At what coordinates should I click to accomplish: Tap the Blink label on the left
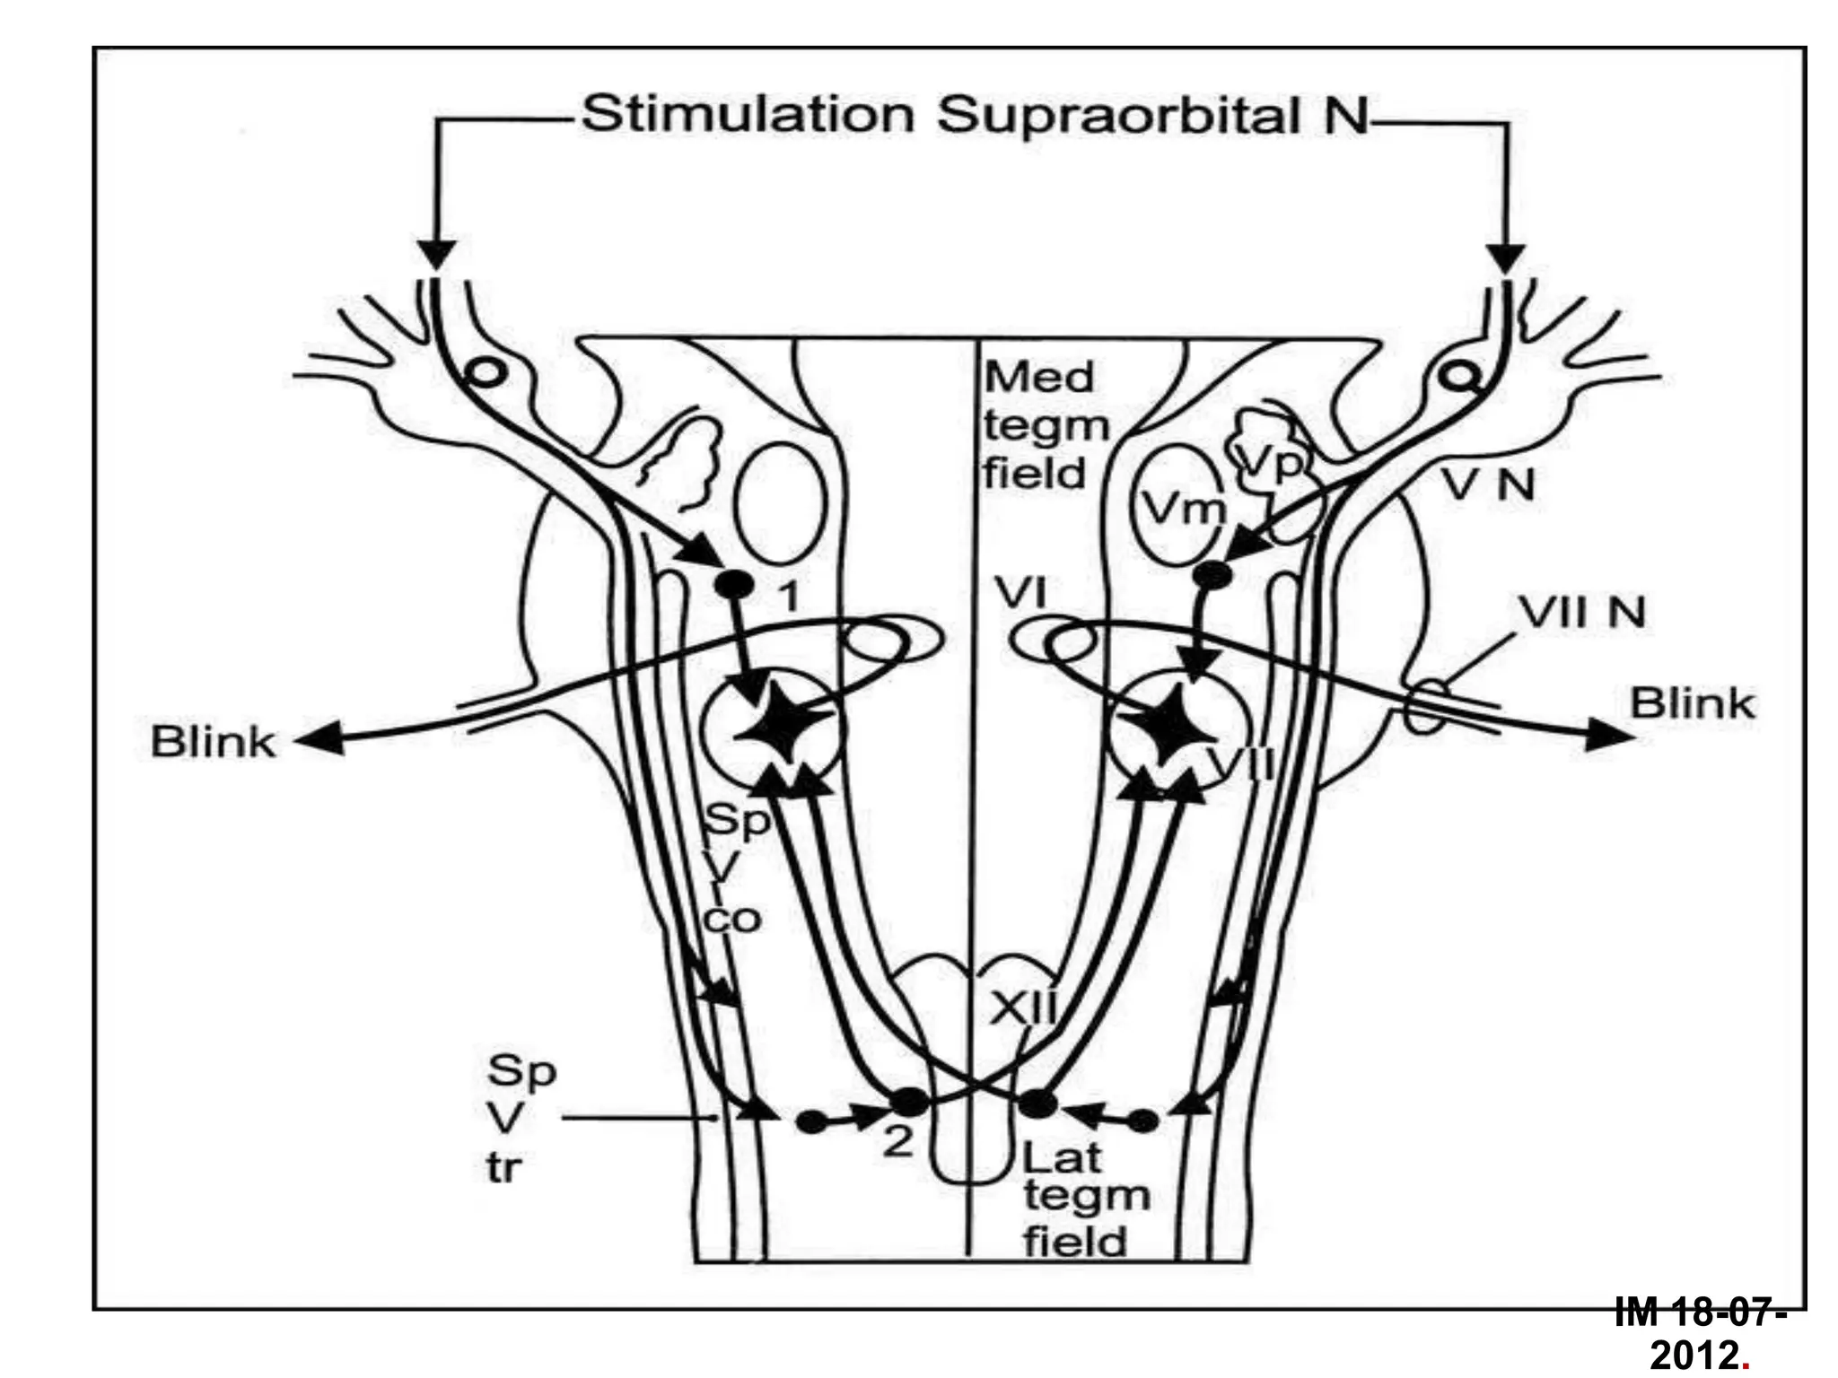213,743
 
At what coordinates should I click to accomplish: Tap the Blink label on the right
1692,703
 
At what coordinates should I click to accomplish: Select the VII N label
1582,614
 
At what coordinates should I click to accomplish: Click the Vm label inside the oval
1184,510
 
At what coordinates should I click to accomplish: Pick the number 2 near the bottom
897,1143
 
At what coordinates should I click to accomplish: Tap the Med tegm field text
1041,425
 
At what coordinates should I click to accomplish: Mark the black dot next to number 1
731,584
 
